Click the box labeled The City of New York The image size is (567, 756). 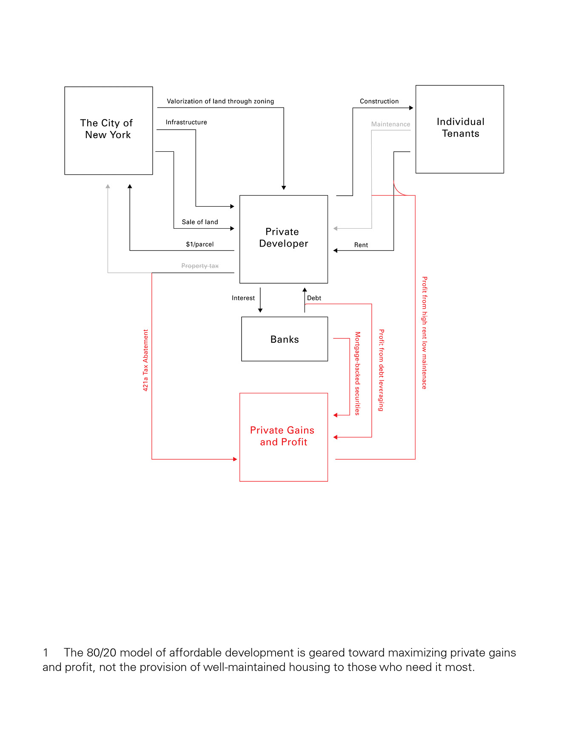pos(108,131)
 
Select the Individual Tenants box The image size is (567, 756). pos(460,129)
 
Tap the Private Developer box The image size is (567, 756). pos(284,239)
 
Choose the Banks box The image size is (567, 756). pos(285,339)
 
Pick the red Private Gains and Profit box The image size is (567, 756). pos(284,437)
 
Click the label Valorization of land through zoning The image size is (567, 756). pos(220,101)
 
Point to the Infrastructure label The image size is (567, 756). pos(186,122)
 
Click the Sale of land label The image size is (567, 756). pos(200,222)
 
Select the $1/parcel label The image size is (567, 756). pos(200,244)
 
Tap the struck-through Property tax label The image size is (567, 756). pos(200,266)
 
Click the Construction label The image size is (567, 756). pos(379,101)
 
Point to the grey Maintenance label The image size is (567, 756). pos(390,124)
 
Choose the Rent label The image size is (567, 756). pos(361,245)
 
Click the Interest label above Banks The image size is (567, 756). pos(243,298)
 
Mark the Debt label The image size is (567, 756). pos(314,298)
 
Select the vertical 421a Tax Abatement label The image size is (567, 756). pos(145,360)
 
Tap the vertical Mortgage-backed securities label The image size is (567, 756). pos(358,373)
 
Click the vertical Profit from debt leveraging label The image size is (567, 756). pos(382,370)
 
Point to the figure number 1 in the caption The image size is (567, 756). pos(46,653)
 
